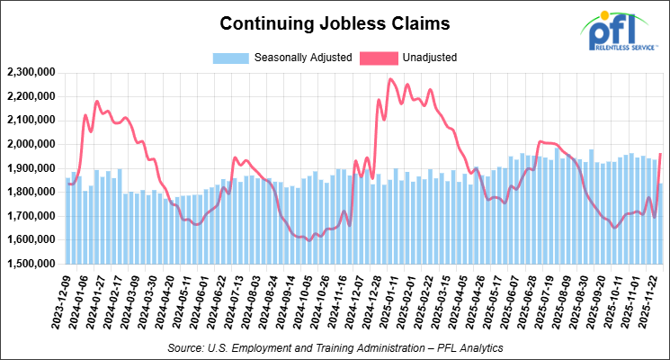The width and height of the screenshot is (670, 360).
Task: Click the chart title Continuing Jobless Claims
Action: point(335,20)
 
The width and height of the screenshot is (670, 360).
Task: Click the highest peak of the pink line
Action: point(389,79)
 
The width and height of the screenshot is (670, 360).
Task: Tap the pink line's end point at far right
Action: point(660,154)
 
